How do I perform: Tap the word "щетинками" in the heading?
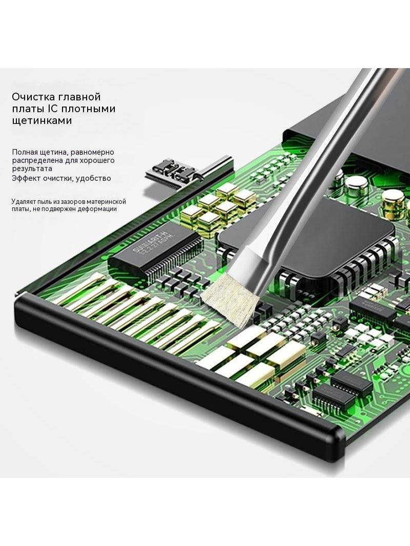(x=42, y=121)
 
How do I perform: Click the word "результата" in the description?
(x=32, y=169)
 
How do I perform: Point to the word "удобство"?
(x=93, y=179)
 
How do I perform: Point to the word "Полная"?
(x=25, y=152)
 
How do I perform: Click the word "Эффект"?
(x=27, y=179)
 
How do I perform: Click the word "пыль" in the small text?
(x=46, y=202)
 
